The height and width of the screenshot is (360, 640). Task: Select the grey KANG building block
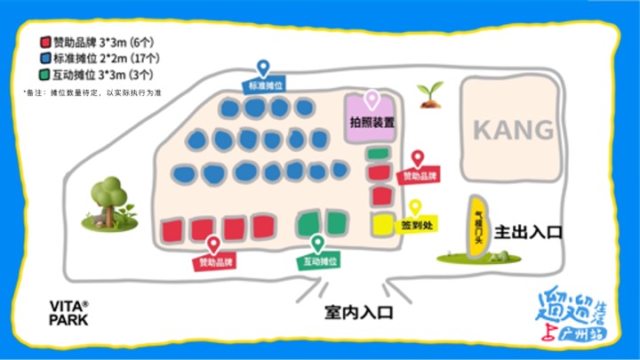pyautogui.click(x=512, y=129)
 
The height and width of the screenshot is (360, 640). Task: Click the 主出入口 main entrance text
pyautogui.click(x=529, y=233)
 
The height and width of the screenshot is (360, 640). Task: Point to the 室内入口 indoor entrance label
pyautogui.click(x=357, y=313)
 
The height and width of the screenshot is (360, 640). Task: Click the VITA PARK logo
pyautogui.click(x=68, y=313)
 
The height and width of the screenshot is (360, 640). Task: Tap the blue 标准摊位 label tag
pyautogui.click(x=266, y=86)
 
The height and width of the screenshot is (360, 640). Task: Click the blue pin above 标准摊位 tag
pyautogui.click(x=263, y=68)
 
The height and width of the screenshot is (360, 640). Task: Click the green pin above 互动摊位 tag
pyautogui.click(x=317, y=243)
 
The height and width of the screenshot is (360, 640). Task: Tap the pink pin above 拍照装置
pyautogui.click(x=372, y=100)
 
